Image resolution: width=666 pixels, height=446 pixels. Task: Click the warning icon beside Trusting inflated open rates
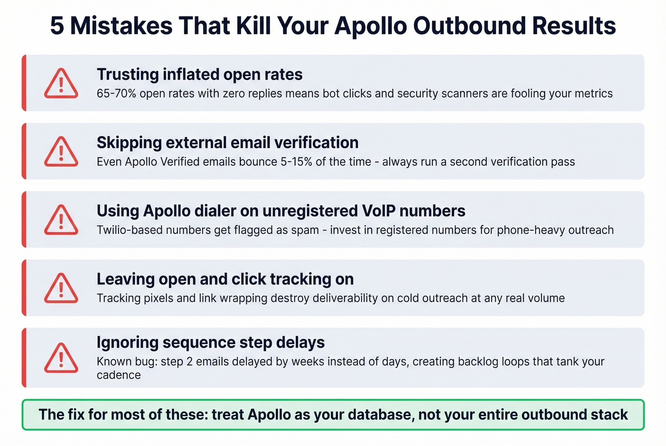tap(61, 84)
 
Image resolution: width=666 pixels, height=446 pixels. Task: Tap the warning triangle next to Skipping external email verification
tap(61, 152)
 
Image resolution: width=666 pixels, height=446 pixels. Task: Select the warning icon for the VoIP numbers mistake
tap(61, 220)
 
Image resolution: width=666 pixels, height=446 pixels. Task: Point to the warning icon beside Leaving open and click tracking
tap(61, 288)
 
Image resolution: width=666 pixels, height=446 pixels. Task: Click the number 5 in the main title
tap(57, 26)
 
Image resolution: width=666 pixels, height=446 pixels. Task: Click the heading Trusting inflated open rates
tap(199, 75)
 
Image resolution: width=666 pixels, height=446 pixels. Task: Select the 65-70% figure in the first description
tap(116, 94)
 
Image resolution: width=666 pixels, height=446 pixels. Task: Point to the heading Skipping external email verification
tap(227, 142)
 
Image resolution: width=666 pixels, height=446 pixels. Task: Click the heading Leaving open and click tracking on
tap(225, 279)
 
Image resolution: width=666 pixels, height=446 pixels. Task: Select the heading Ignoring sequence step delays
tap(210, 342)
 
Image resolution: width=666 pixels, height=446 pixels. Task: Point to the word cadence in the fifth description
tap(118, 375)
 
